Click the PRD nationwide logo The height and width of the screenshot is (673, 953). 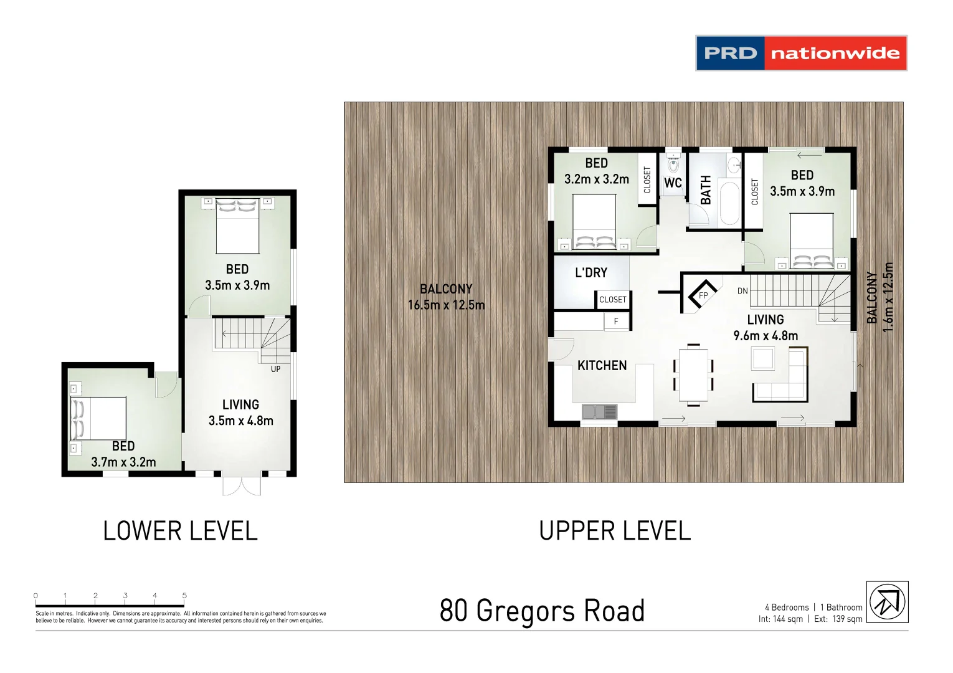[x=801, y=53]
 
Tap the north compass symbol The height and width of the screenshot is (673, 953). [x=887, y=602]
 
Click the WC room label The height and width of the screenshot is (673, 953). [x=673, y=183]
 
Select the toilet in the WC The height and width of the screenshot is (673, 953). [x=673, y=164]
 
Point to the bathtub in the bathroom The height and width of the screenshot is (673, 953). [x=729, y=203]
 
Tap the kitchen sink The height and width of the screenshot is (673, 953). [x=599, y=412]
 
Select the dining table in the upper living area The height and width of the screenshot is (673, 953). [x=693, y=375]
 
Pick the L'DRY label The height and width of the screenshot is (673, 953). [x=590, y=273]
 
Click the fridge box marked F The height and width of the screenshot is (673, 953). [x=616, y=322]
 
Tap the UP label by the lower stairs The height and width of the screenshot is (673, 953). [x=275, y=369]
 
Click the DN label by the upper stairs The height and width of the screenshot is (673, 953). [x=742, y=291]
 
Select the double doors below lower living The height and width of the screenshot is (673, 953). [x=242, y=486]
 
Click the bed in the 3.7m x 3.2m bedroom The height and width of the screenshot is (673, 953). [x=100, y=419]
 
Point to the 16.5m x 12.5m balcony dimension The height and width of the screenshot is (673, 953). [x=446, y=305]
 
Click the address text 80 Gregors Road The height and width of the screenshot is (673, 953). [x=542, y=611]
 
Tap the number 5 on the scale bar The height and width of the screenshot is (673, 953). [x=184, y=596]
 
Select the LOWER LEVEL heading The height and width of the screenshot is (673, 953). [x=180, y=531]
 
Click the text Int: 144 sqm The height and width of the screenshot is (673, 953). [x=780, y=619]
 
